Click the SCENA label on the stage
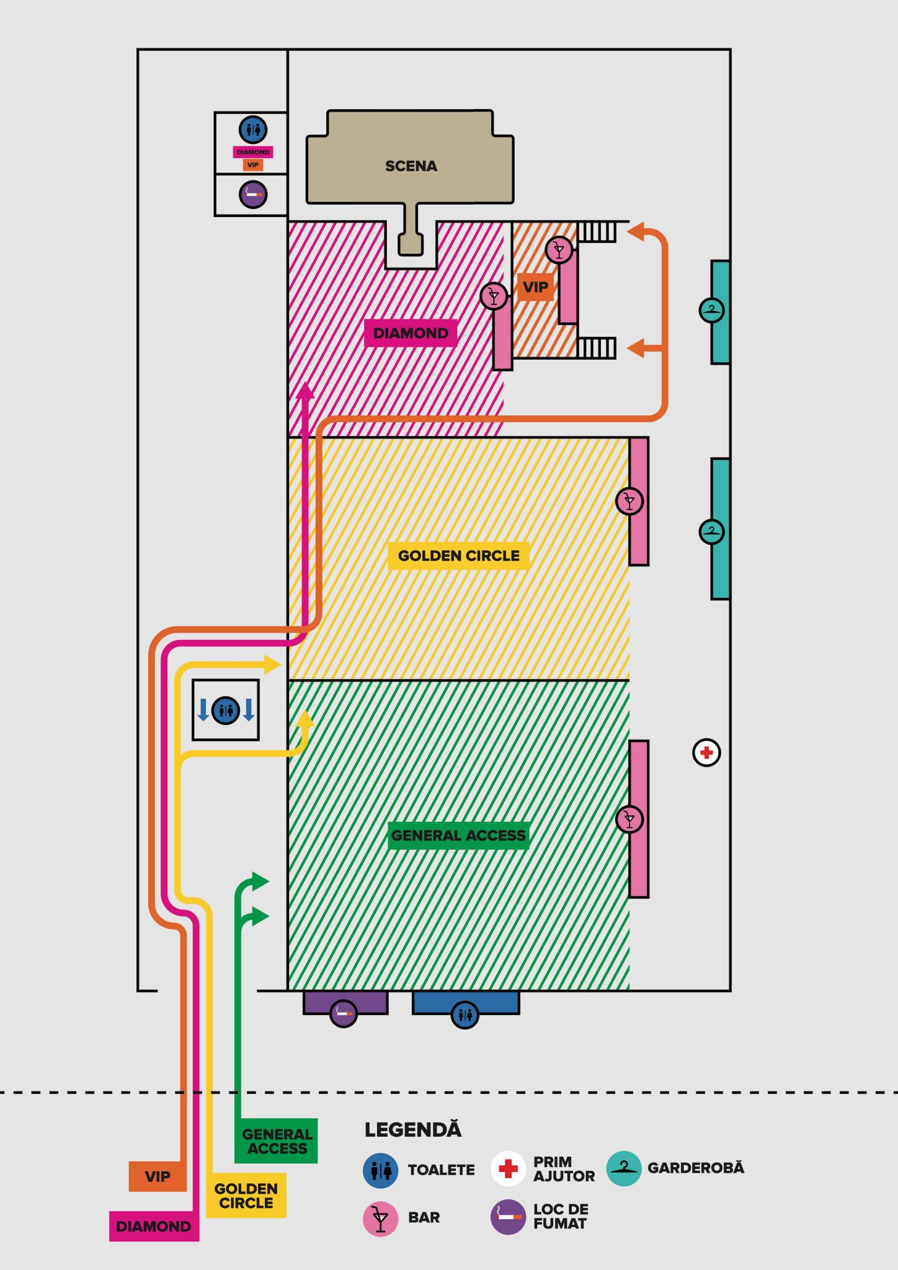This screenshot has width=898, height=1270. point(411,166)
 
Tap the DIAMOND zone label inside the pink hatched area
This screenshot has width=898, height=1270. point(411,333)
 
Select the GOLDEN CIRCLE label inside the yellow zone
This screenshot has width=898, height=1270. point(458,556)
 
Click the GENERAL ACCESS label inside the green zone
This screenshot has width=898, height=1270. point(458,835)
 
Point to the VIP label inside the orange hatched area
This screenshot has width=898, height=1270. point(535,287)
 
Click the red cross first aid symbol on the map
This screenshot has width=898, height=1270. point(706,753)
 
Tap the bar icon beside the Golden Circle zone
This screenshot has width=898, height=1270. point(629,501)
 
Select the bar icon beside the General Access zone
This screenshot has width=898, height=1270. point(629,820)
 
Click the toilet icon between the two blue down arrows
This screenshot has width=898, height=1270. point(226,710)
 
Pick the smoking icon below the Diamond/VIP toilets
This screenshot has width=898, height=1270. point(253,194)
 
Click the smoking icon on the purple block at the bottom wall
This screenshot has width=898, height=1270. point(344,1013)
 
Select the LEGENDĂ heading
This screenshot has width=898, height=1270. point(413,1130)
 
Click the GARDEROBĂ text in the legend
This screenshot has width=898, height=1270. point(695,1168)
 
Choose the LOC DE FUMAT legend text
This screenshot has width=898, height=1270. point(561,1217)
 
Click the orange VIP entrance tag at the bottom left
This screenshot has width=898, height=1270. point(158,1177)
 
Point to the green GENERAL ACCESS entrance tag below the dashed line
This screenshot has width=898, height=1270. point(277,1141)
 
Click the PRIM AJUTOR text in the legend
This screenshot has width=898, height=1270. point(564,1169)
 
